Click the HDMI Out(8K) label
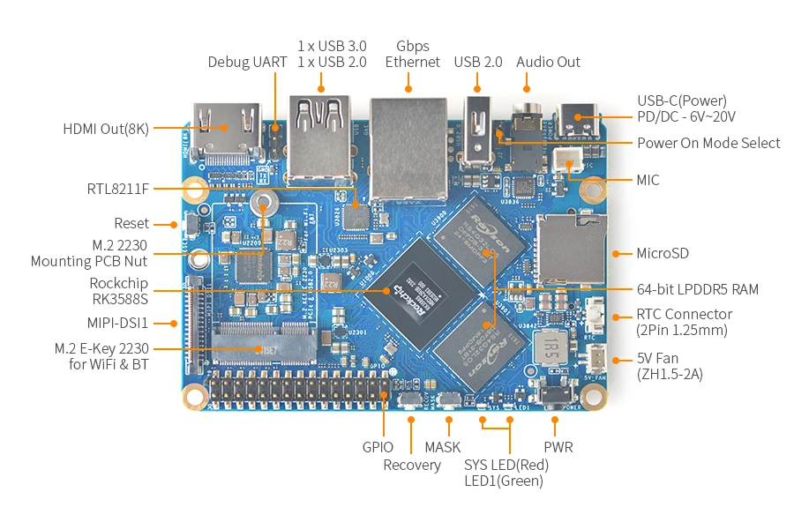pos(106,129)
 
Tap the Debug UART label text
pos(247,62)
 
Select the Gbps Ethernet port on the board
pos(408,149)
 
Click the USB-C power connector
pos(578,121)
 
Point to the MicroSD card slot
pos(572,249)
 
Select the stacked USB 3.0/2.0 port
pos(320,140)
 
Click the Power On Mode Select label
pos(708,143)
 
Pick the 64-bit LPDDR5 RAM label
pos(698,289)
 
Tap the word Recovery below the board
pos(412,465)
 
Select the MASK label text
pos(443,447)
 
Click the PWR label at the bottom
pos(558,447)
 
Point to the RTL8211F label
pos(118,190)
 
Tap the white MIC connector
pos(567,160)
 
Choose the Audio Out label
pos(548,62)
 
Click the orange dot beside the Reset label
pos(174,225)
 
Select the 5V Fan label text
pos(657,358)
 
